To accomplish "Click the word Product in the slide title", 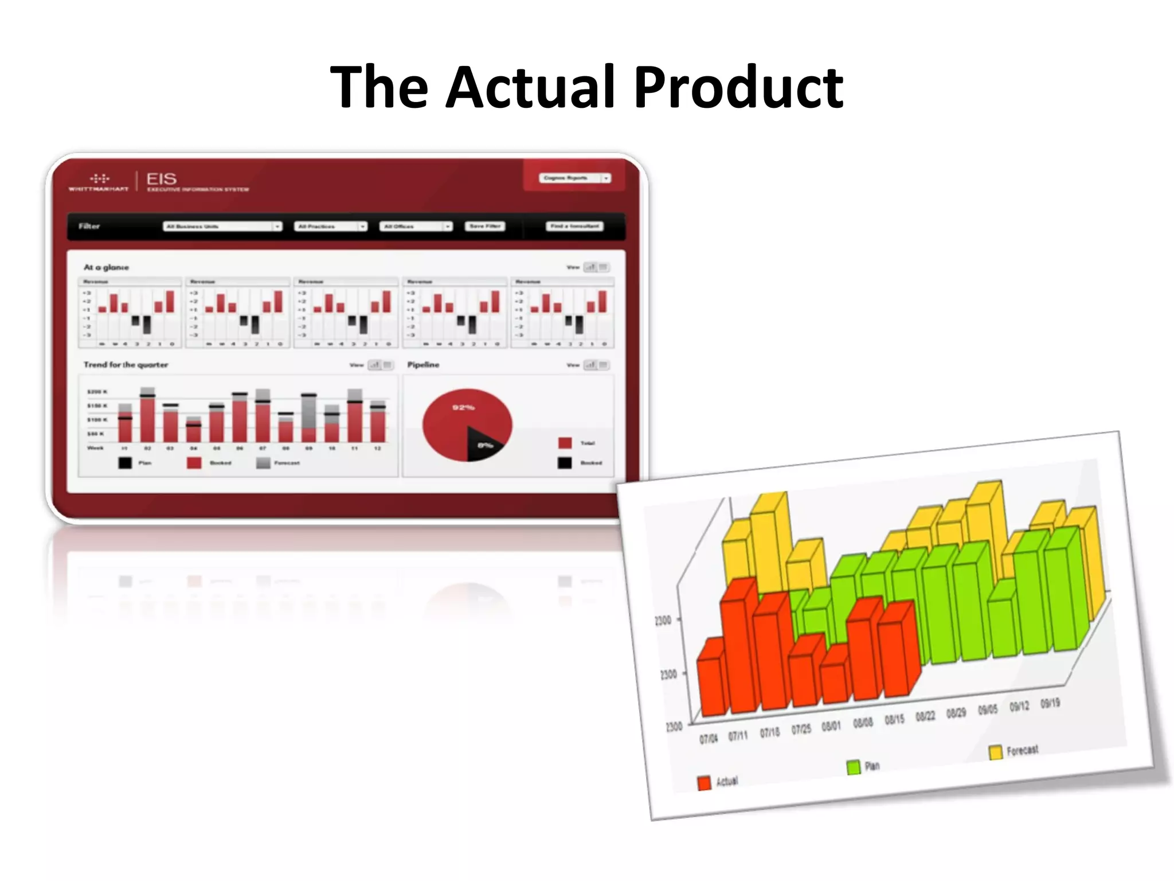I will click(738, 87).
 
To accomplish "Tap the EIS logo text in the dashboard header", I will click(161, 179).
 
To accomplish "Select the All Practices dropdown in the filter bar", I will click(330, 227).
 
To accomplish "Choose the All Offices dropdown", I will click(416, 227).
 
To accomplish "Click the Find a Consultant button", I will click(574, 227).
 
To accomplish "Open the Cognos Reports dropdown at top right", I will click(574, 178).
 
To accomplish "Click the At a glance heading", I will click(107, 267).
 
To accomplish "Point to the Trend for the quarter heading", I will click(126, 365).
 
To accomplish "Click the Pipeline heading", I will click(423, 365).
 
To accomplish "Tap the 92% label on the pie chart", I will click(463, 407).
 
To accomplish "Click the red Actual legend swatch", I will click(705, 783).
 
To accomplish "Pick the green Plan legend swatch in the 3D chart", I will click(854, 767).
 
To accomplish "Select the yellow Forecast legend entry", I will click(996, 752).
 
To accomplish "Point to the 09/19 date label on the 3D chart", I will click(1050, 703).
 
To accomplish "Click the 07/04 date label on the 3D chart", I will click(708, 738).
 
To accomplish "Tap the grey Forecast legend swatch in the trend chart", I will click(263, 463).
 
